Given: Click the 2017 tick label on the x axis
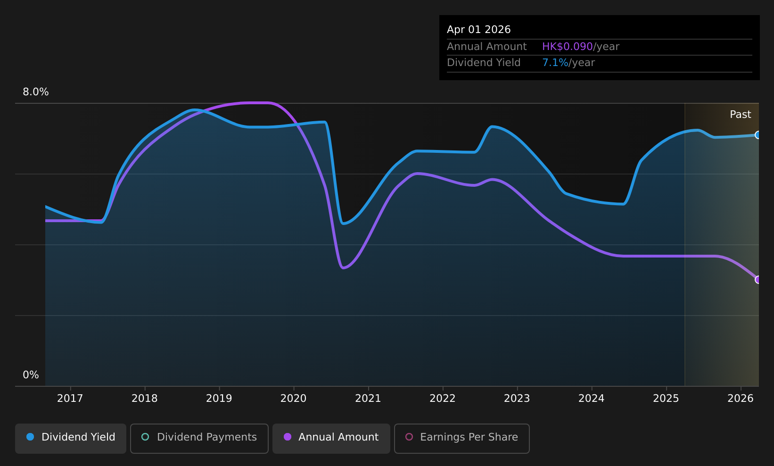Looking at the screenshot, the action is (70, 399).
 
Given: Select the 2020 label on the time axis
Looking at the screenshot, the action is (293, 399).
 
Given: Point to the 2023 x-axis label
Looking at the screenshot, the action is (517, 399).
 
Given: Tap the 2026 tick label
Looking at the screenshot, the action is (741, 399).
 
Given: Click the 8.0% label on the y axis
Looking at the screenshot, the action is (36, 92).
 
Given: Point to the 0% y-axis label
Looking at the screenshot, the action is (31, 375).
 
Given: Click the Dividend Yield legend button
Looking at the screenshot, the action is (71, 438).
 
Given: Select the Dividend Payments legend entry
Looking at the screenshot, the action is (199, 438).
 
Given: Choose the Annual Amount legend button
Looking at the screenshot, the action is (331, 438).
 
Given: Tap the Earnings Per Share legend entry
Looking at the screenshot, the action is (461, 438).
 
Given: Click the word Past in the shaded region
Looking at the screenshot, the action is (740, 115).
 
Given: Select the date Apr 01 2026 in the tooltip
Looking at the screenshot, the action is (478, 30).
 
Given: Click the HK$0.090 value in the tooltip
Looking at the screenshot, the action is (568, 47).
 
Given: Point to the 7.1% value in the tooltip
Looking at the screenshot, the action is (555, 63).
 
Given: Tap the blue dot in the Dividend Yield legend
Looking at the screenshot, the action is (31, 437).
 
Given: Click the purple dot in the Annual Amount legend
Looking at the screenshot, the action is (288, 437).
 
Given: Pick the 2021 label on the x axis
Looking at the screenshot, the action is (368, 399).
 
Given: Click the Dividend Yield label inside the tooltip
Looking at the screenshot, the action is (484, 63).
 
